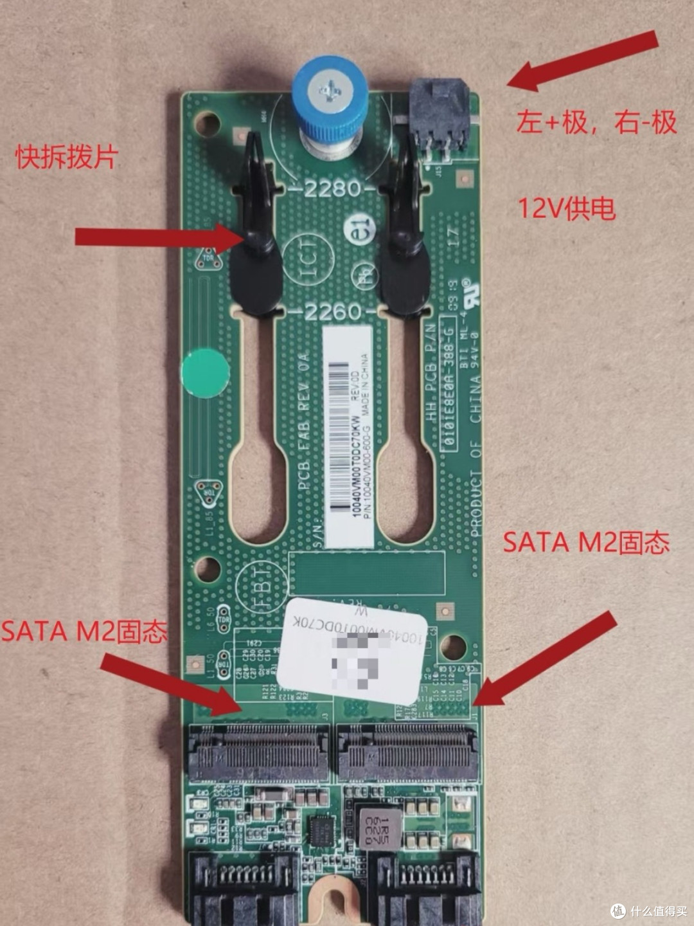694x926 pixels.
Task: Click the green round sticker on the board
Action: coord(205,373)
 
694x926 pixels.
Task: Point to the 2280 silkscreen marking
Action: coord(332,189)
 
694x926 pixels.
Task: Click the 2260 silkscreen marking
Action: coord(332,313)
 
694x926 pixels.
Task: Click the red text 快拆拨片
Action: coord(67,156)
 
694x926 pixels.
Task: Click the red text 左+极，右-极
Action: coord(596,122)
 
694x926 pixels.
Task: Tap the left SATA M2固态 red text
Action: coord(84,631)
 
